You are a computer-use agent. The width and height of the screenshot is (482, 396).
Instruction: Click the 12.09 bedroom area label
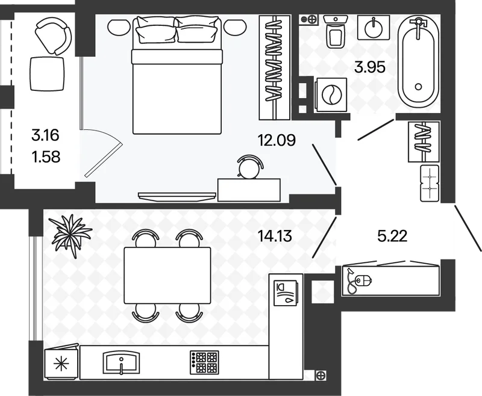[277, 140]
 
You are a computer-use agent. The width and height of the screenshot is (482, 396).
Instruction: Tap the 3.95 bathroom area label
[369, 67]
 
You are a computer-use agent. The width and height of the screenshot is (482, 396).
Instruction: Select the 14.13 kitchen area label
[275, 237]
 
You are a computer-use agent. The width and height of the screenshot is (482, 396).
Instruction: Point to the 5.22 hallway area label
[392, 236]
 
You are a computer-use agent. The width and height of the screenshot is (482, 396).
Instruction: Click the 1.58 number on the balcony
[46, 157]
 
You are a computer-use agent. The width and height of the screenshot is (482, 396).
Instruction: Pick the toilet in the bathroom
[336, 32]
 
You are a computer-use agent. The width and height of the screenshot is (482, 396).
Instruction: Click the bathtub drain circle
[418, 87]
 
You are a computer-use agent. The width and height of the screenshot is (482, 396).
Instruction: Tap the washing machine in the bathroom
[331, 95]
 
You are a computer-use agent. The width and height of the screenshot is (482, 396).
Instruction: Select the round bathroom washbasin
[374, 28]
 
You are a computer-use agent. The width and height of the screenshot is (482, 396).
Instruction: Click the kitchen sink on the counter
[122, 362]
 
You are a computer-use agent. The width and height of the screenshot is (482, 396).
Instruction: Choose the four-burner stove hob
[204, 362]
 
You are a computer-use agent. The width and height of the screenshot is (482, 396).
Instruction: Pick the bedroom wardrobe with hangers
[275, 67]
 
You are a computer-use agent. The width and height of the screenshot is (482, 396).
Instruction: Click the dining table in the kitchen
[167, 276]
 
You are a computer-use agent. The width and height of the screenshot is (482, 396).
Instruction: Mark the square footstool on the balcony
[48, 73]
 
